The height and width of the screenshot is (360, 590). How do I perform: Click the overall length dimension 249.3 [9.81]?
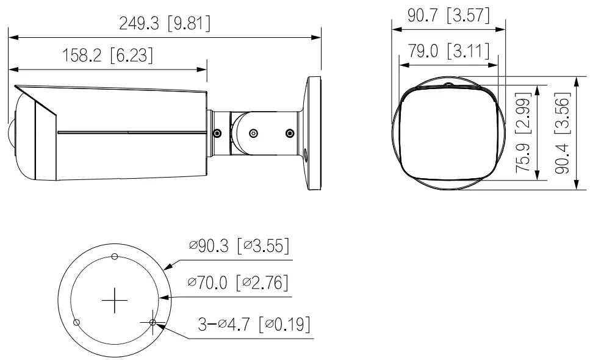(165, 23)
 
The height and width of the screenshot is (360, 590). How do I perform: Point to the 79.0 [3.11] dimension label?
(448, 51)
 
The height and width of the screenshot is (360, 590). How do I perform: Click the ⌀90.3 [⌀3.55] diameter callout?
(238, 247)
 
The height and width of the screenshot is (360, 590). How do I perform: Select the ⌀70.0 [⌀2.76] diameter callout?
(238, 283)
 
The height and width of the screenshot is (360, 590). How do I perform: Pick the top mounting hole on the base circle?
(115, 257)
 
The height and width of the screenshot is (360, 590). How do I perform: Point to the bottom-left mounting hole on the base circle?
(76, 322)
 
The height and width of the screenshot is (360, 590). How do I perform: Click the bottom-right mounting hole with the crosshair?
(153, 322)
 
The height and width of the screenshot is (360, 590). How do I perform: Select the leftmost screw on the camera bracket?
(216, 132)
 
